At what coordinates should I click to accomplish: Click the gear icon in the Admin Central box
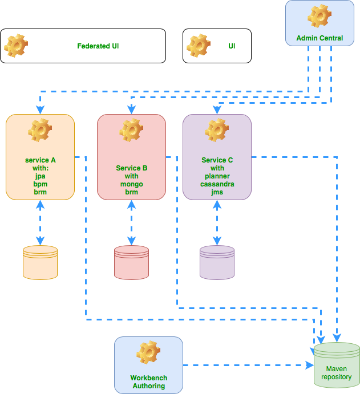coord(319,16)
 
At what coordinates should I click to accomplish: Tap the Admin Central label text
coord(319,38)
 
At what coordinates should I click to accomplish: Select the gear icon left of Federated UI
coord(16,45)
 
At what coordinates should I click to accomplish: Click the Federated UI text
coord(98,46)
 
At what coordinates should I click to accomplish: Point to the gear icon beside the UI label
coord(199,45)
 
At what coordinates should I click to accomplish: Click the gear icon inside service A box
coord(40,131)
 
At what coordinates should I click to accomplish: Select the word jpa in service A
coord(40,177)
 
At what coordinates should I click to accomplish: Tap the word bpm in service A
coord(40,185)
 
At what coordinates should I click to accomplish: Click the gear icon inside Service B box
coord(131,131)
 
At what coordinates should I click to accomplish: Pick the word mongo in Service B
coord(131,184)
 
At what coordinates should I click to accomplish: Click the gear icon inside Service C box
coord(217,131)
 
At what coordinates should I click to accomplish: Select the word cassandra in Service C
coord(217,184)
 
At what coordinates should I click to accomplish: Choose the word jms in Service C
coord(217,192)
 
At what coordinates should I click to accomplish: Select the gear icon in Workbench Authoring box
coord(148,353)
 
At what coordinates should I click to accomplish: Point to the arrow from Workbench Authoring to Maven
coord(248,365)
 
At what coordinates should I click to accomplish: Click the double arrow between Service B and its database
coord(131,222)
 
